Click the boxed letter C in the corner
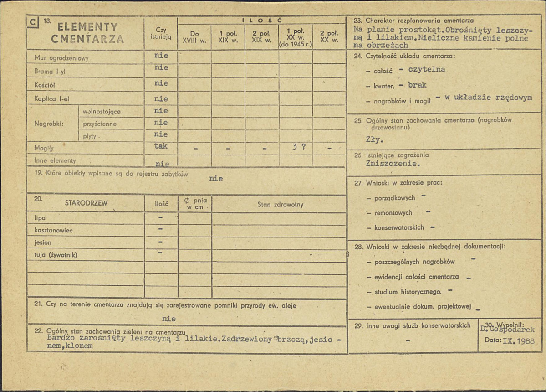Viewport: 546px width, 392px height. (x=32, y=21)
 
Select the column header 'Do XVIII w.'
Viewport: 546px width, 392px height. (x=194, y=36)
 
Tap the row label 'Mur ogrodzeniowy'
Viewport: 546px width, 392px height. (x=61, y=58)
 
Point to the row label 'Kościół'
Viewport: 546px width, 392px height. (x=44, y=85)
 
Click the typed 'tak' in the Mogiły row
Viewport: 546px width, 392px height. (x=161, y=146)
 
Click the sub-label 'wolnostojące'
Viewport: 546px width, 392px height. (x=102, y=111)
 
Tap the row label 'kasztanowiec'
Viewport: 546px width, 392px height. (x=53, y=230)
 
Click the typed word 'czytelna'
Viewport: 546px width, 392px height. (x=427, y=69)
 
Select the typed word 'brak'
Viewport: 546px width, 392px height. (x=417, y=85)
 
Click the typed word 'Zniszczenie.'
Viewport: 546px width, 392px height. (x=393, y=164)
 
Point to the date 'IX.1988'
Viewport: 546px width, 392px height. (x=516, y=340)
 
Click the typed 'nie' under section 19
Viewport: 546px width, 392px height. (x=216, y=179)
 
